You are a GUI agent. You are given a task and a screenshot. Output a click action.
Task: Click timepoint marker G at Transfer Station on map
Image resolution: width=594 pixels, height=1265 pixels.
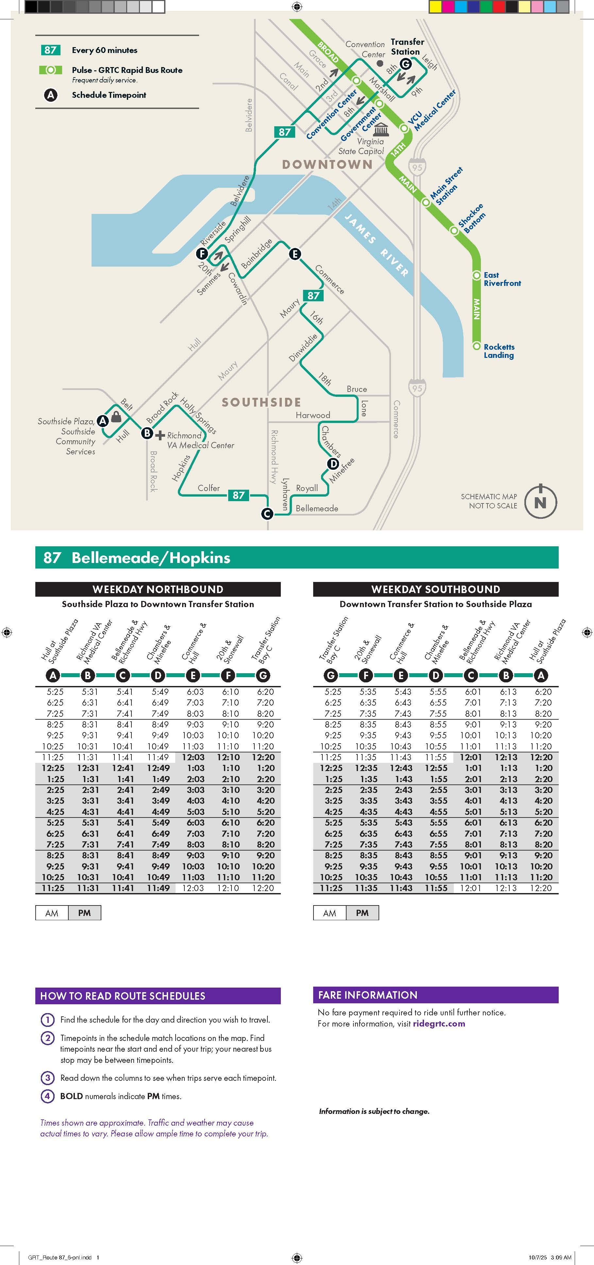coord(405,64)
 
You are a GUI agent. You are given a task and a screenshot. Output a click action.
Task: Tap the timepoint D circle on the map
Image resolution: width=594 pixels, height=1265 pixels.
coord(333,464)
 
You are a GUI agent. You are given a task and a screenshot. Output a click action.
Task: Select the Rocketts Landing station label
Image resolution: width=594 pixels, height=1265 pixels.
coord(499,351)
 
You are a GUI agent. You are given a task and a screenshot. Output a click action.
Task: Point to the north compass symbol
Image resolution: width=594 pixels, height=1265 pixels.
coord(540,502)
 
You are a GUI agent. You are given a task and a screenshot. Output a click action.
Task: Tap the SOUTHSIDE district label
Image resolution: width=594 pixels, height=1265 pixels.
coord(261,402)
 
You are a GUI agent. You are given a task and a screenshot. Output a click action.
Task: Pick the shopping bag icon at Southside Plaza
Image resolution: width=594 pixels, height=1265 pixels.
coord(116,417)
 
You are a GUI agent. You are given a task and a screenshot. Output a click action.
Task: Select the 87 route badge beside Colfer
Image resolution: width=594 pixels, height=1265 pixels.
coord(239,495)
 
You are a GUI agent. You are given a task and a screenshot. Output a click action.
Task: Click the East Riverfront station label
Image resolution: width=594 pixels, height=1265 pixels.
coord(502,279)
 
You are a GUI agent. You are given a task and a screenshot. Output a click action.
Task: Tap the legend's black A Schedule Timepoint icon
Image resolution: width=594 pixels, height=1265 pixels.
coord(51,95)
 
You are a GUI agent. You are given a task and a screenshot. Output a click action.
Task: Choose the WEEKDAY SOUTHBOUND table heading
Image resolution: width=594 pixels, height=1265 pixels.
coord(435,589)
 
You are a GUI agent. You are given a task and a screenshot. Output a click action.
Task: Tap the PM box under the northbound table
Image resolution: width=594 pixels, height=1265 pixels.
coord(84,912)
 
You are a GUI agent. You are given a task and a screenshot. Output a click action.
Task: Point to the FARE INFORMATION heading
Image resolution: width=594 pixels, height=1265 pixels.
coord(368,995)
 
